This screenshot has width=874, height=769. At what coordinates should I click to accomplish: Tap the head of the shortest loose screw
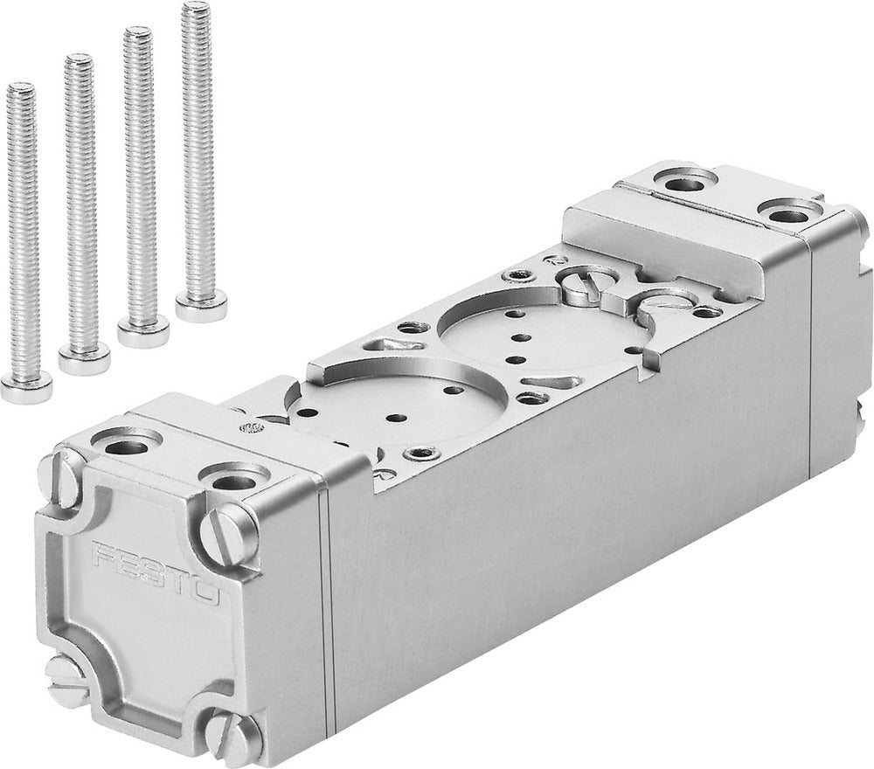[x=25, y=386]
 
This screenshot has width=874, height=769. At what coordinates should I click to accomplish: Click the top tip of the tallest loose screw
[x=196, y=8]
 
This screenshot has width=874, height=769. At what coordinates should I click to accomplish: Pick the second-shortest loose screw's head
[x=84, y=358]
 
